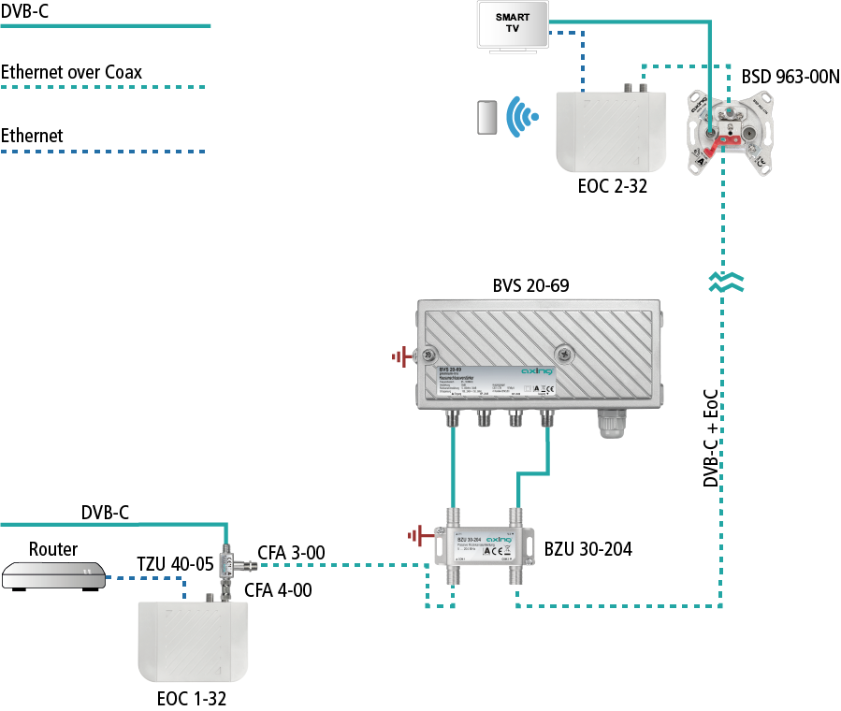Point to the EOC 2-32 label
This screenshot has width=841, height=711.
[613, 187]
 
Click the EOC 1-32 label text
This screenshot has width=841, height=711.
[191, 698]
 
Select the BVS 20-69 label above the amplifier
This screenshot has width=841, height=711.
[530, 283]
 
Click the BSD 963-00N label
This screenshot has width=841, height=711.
[790, 77]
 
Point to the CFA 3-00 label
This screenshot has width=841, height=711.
[290, 553]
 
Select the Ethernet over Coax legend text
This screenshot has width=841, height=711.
[72, 71]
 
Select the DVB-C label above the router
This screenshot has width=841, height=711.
[105, 512]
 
